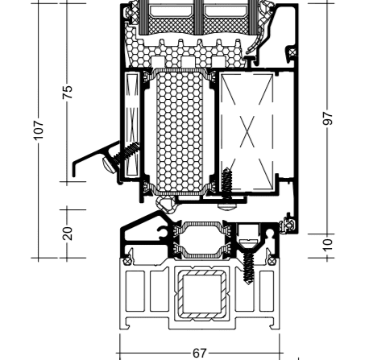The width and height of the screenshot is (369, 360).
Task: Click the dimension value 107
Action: (39, 130)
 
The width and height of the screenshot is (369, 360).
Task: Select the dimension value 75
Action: (68, 92)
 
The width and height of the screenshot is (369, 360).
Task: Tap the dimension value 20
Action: (68, 234)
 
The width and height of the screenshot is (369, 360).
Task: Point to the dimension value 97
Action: (327, 118)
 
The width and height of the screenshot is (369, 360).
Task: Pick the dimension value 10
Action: (327, 245)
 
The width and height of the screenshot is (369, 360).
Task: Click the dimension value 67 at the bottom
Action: (200, 354)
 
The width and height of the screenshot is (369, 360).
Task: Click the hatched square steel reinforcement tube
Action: (201, 294)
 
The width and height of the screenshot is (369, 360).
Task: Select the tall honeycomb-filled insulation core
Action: (180, 131)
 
